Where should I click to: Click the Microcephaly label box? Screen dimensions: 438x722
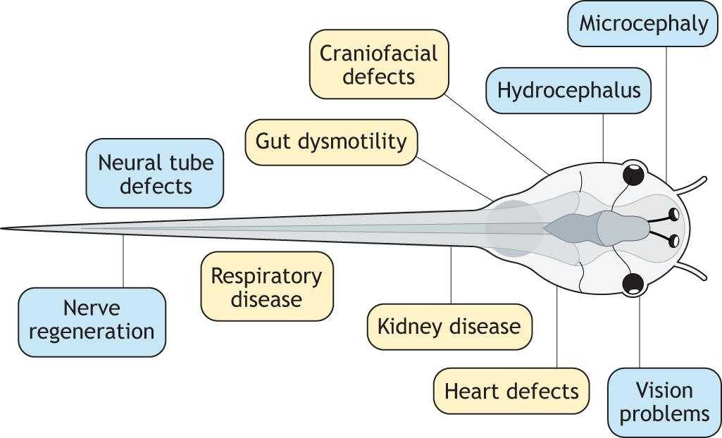[x=643, y=24]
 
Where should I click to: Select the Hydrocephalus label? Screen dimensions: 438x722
[x=568, y=91]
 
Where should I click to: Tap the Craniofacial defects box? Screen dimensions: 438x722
[x=379, y=64]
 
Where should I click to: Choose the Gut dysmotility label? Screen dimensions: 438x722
[x=331, y=141]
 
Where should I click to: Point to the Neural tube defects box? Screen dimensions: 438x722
[x=155, y=173]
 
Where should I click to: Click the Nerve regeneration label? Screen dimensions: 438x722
[x=92, y=320]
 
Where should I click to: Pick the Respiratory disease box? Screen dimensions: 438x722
[x=266, y=287]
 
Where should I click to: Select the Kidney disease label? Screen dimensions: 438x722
[x=449, y=327]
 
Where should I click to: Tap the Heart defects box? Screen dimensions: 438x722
[x=511, y=391]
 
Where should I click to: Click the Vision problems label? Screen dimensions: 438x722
[x=664, y=401]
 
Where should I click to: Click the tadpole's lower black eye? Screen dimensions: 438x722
[x=634, y=283]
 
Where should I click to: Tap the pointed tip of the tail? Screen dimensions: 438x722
[x=3, y=228]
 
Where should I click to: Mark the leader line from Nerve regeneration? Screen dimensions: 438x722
[x=123, y=261]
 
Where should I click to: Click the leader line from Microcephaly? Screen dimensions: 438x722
[x=666, y=113]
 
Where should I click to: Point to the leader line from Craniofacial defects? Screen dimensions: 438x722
[x=497, y=134]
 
